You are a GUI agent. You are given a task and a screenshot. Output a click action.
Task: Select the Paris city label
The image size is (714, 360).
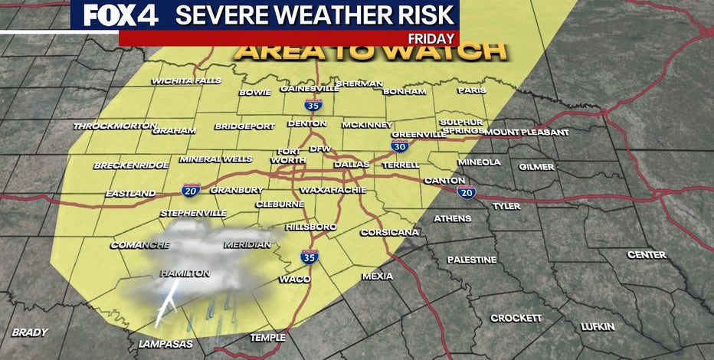(x=471, y=90)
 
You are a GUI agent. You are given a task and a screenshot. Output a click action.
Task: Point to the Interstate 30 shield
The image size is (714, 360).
(x=399, y=145)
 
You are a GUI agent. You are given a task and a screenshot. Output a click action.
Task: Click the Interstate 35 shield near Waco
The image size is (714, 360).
(x=309, y=257)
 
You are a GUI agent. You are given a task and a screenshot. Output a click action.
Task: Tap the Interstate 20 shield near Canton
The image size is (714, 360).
(x=467, y=192)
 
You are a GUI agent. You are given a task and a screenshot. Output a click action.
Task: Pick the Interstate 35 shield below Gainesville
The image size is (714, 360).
(x=312, y=106)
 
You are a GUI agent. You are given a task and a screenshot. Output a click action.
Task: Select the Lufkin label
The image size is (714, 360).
(x=597, y=327)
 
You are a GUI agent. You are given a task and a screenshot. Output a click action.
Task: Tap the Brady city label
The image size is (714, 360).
(x=29, y=332)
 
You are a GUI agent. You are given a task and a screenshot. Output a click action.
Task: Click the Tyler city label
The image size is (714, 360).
(x=506, y=206)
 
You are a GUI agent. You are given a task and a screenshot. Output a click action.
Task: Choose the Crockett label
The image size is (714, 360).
(x=516, y=318)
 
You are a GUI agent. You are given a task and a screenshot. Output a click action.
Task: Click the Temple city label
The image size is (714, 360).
(x=268, y=338)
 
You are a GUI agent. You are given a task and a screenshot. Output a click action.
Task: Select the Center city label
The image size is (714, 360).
(x=647, y=254)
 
